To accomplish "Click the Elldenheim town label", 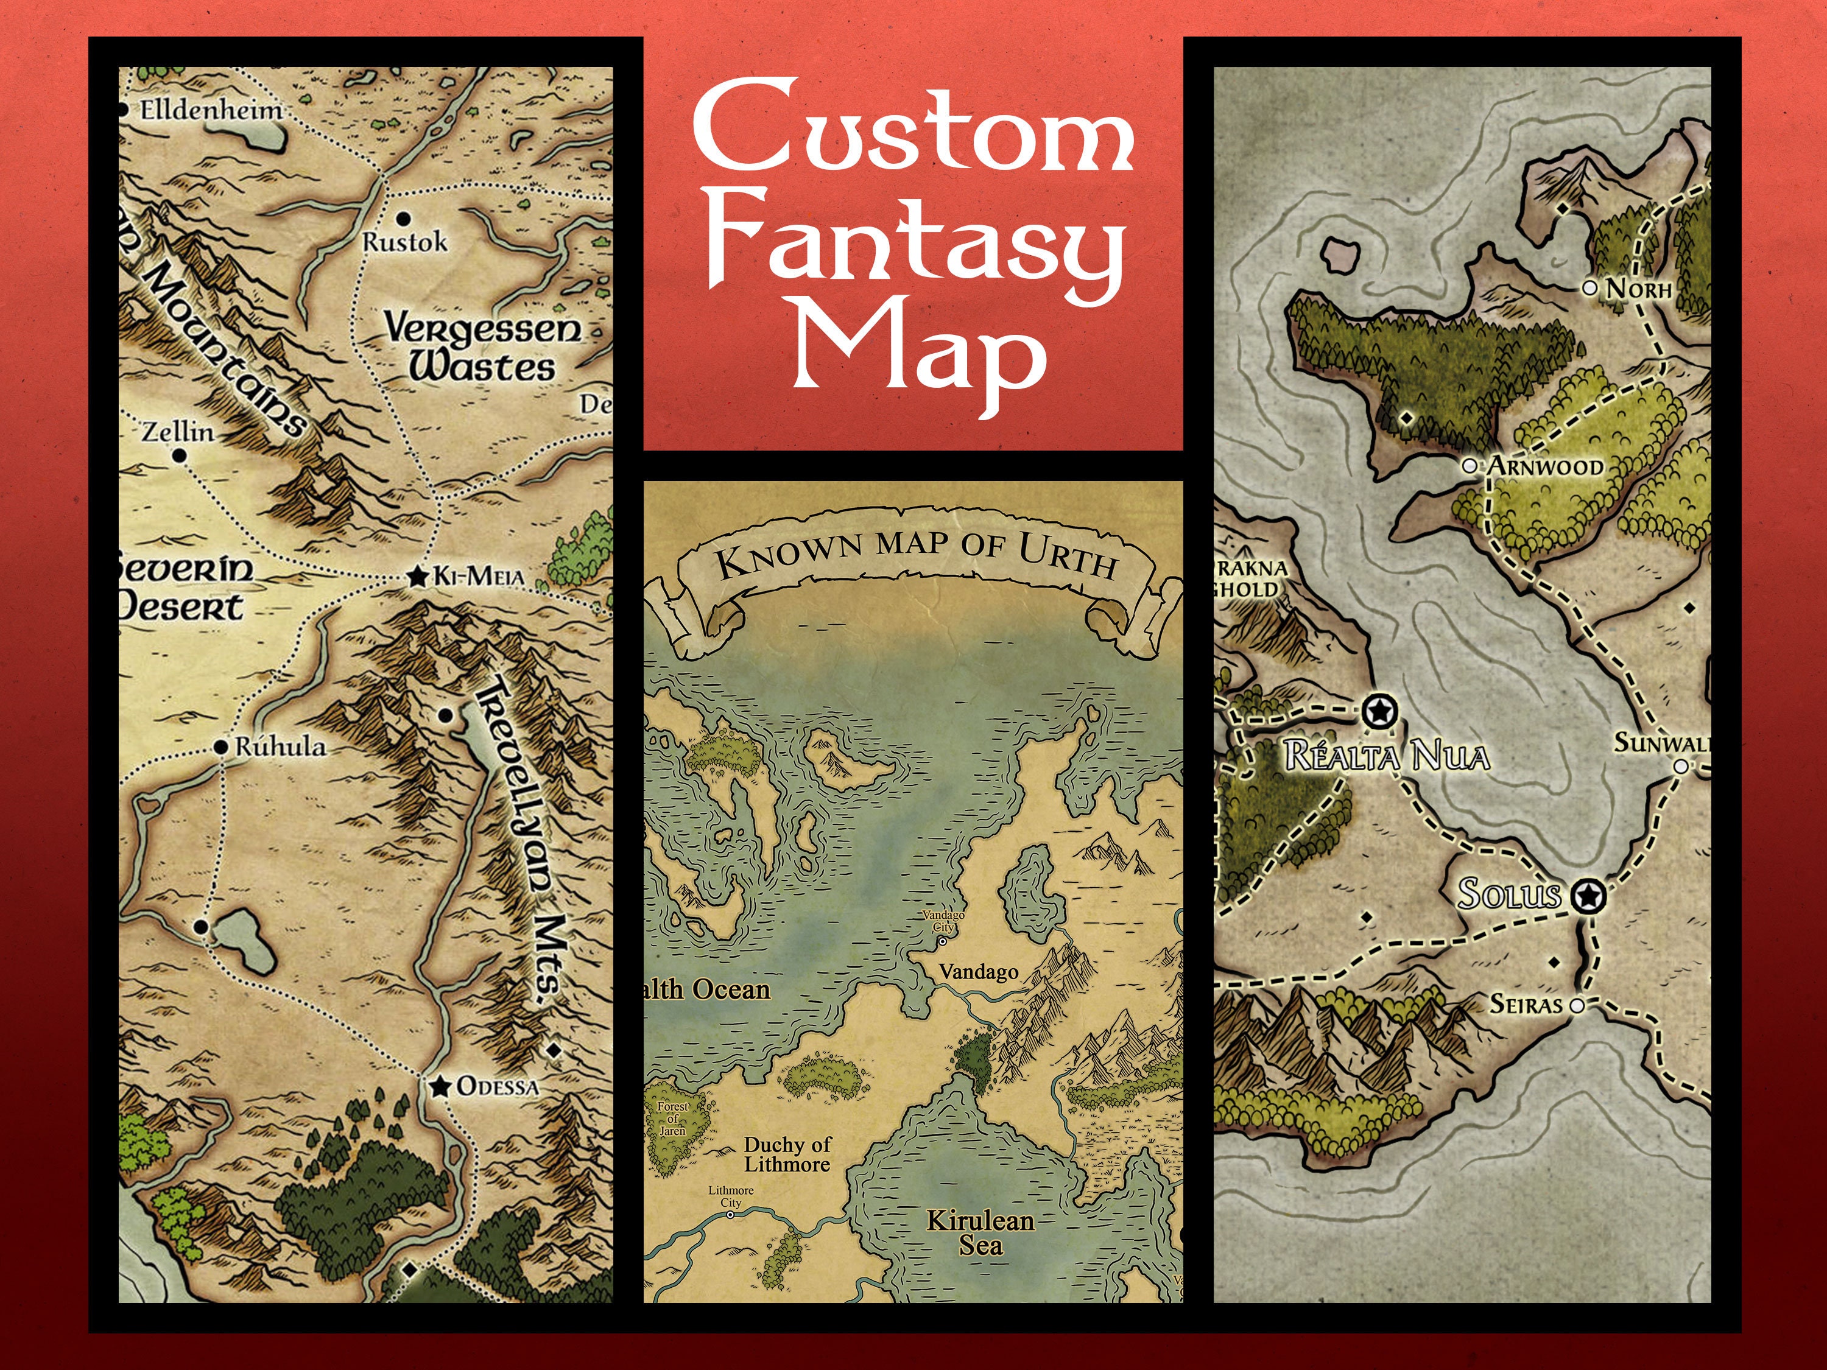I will click(x=211, y=110).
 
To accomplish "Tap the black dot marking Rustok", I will click(x=404, y=219).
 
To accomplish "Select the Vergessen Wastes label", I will click(x=482, y=348).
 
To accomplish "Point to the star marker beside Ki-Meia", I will click(x=417, y=577).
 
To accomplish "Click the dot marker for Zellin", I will click(x=180, y=455).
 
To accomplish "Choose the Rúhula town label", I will click(x=280, y=746).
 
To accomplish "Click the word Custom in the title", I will click(x=913, y=125).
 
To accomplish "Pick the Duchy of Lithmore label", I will click(x=786, y=1154).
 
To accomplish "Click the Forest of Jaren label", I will click(x=673, y=1118).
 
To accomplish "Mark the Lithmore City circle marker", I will click(x=730, y=1215).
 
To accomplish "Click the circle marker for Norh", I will click(x=1589, y=287).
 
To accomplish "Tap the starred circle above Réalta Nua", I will click(x=1378, y=710).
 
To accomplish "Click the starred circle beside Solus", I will click(x=1586, y=895).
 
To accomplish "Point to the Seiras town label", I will click(x=1526, y=1004).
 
